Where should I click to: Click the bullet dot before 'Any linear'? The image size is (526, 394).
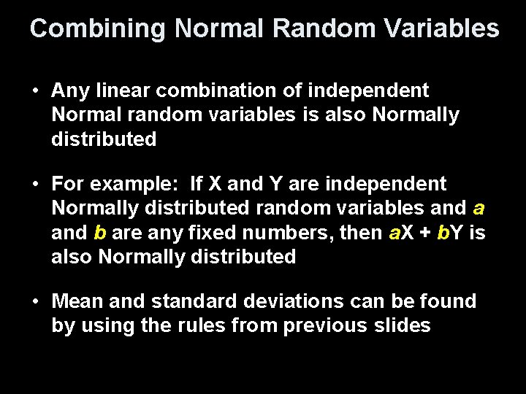34,92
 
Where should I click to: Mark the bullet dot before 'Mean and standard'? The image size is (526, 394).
34,301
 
